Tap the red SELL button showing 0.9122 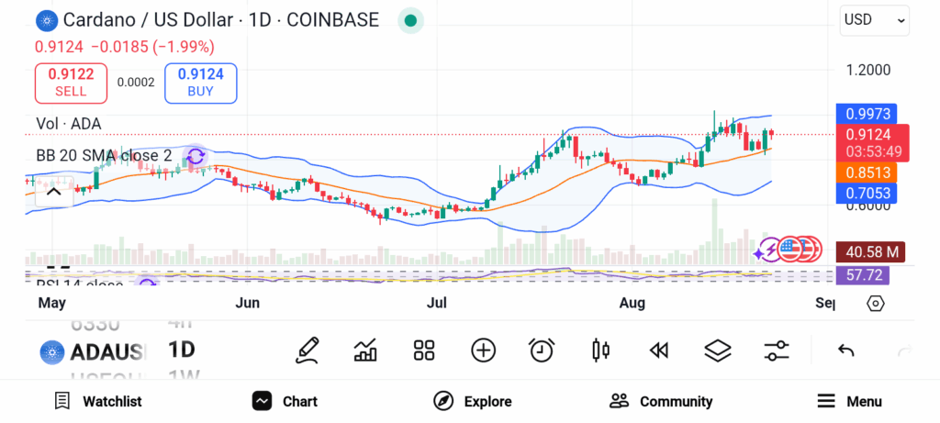71,83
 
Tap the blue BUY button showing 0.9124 200,83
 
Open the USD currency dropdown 874,19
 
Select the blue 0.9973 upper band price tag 867,114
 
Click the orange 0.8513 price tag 867,173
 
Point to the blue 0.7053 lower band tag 867,193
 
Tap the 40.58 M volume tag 867,250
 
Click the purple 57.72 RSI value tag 867,274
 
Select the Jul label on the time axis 436,303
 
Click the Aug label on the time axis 632,303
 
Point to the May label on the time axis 50,303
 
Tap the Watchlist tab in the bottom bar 98,401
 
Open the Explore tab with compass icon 472,401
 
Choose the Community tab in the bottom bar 661,401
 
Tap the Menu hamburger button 849,401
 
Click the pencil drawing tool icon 308,350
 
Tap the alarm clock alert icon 542,350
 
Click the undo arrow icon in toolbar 846,350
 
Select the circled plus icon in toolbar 483,350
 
